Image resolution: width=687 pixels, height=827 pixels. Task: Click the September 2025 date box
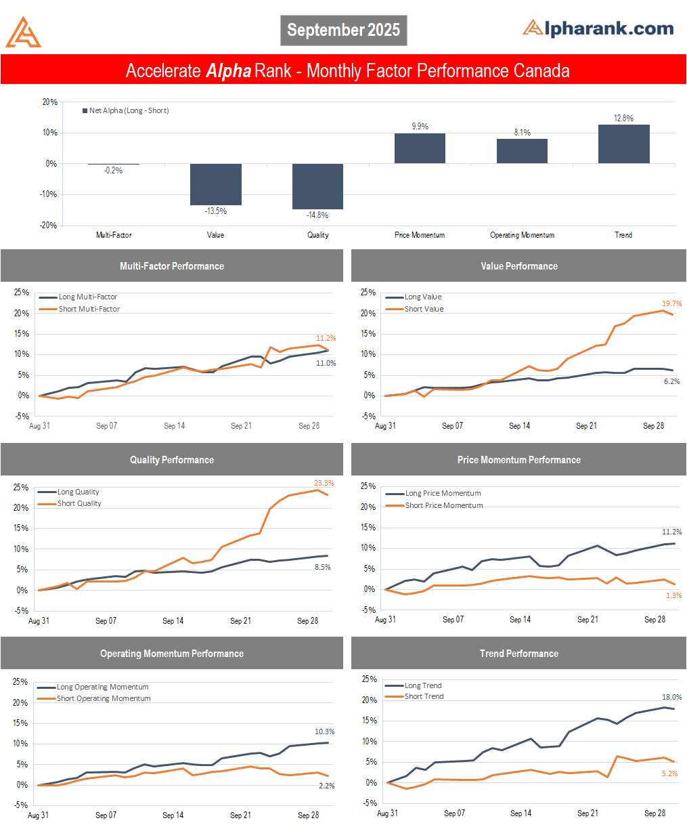(343, 30)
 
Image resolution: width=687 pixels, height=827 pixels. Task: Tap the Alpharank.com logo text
(598, 28)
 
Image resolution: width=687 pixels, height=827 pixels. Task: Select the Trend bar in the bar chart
(623, 144)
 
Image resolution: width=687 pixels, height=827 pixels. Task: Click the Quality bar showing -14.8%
(317, 186)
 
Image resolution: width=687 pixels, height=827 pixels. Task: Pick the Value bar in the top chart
(215, 184)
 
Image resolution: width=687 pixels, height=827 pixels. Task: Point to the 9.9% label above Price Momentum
(420, 127)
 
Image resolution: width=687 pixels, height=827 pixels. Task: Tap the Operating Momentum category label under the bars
(522, 235)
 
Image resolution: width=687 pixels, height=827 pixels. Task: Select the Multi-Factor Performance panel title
(172, 266)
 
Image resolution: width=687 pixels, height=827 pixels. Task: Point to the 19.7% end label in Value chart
(671, 304)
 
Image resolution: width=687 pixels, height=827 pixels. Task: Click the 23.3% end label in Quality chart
(324, 484)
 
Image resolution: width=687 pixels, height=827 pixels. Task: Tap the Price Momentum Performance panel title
(518, 460)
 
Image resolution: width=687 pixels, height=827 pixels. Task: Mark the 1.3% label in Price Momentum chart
(673, 596)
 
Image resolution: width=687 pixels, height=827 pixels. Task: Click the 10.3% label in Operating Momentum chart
(325, 732)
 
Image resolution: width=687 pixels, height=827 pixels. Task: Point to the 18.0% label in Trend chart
(671, 698)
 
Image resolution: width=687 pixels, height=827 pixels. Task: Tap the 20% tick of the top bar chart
(50, 102)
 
